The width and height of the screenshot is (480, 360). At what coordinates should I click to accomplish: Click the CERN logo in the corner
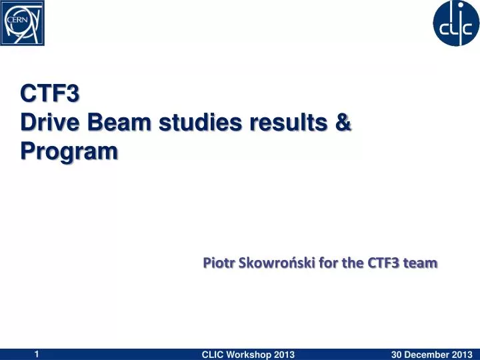[23, 23]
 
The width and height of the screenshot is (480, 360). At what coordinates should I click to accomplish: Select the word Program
[69, 152]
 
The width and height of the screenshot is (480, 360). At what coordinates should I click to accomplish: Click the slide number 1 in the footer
[37, 353]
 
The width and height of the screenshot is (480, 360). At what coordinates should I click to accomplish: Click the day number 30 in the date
[397, 354]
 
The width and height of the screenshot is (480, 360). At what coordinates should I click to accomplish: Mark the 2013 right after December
[462, 354]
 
